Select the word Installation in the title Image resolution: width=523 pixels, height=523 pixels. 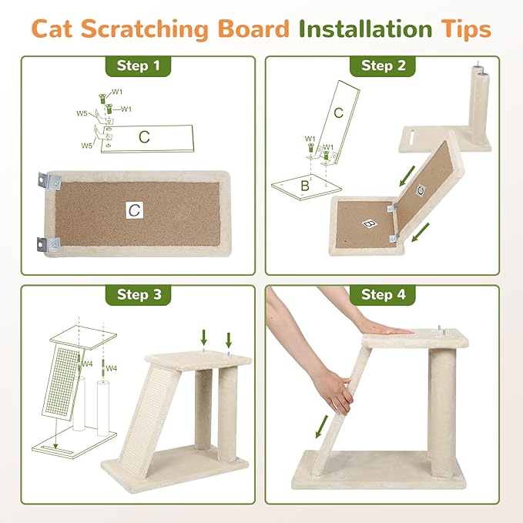[366, 28]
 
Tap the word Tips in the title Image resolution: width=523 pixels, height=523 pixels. [464, 28]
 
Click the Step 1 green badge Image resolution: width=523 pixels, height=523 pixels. [138, 66]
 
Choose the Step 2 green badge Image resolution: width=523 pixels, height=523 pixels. [383, 66]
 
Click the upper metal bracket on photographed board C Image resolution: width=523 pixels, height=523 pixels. [48, 183]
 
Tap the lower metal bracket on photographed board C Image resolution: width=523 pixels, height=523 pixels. [48, 245]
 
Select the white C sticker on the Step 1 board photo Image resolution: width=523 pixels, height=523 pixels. [135, 209]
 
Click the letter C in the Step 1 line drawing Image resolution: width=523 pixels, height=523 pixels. [144, 137]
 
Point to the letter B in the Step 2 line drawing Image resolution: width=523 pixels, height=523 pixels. [304, 186]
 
